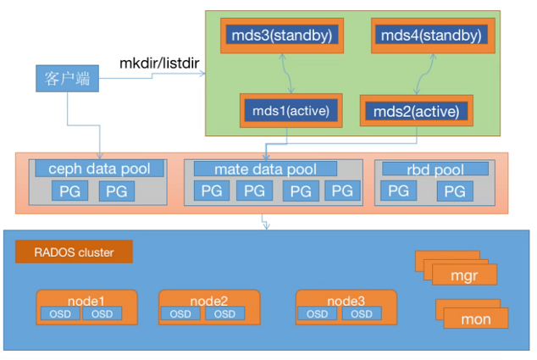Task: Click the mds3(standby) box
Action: [x=281, y=36]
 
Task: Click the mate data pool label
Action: [x=265, y=169]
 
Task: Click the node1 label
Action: [x=86, y=299]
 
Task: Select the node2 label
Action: [x=209, y=299]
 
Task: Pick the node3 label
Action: [x=346, y=299]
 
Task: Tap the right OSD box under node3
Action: [x=362, y=313]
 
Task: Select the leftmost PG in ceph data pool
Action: [x=69, y=191]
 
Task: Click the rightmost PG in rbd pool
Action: [x=454, y=191]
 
